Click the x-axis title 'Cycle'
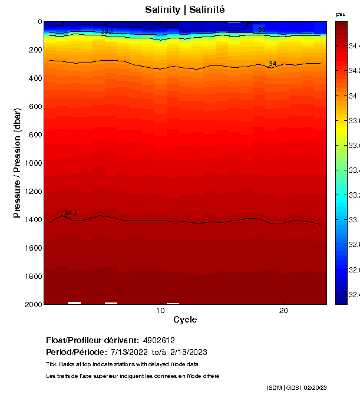click(x=185, y=320)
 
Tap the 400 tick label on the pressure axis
click(x=33, y=78)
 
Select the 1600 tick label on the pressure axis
click(x=31, y=248)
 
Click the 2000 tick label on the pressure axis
click(x=31, y=304)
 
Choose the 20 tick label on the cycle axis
click(x=283, y=311)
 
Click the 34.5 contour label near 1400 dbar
click(x=71, y=213)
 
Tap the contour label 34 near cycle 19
click(x=273, y=64)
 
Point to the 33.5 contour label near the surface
click(x=107, y=31)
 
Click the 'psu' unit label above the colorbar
click(x=341, y=14)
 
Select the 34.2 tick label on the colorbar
click(x=354, y=71)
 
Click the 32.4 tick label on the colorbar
click(x=354, y=294)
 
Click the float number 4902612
click(x=158, y=341)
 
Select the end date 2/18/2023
click(x=189, y=352)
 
